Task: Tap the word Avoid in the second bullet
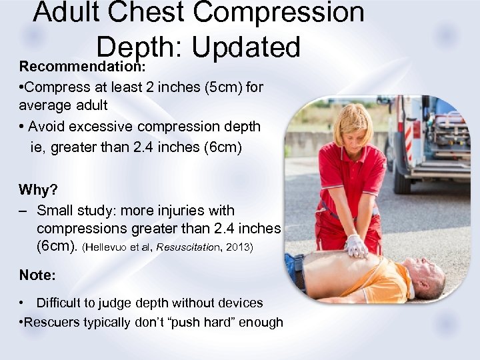(48, 126)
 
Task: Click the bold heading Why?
(38, 190)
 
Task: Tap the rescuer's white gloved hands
(357, 246)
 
